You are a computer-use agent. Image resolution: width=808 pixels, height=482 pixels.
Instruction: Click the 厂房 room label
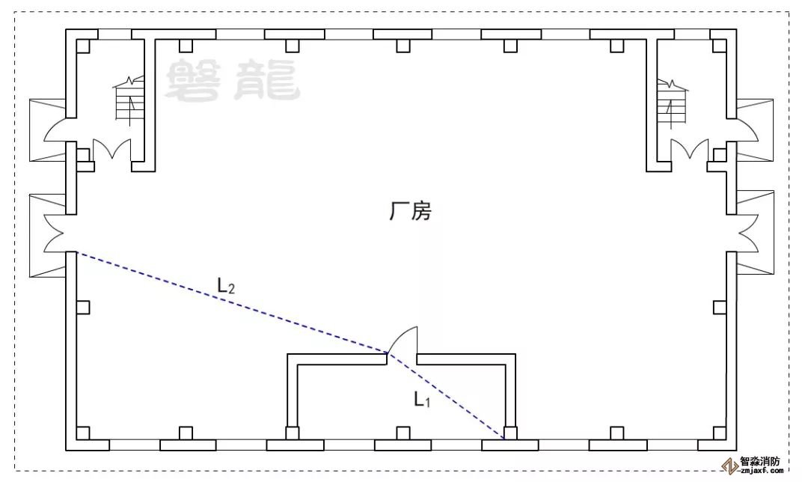(410, 212)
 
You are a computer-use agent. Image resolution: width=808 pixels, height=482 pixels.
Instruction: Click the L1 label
(423, 400)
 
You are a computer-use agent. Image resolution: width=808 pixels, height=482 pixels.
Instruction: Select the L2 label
(226, 284)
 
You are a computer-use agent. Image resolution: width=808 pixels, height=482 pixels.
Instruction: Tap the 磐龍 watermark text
(232, 81)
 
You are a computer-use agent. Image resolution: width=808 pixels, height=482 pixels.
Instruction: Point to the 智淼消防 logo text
(759, 462)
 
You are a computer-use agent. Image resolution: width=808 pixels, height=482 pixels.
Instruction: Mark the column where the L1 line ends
(509, 433)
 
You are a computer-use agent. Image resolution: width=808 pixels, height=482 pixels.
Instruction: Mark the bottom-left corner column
(83, 433)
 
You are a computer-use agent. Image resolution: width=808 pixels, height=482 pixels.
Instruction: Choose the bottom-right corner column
(719, 433)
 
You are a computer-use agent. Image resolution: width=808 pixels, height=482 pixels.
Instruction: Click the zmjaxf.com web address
(761, 472)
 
